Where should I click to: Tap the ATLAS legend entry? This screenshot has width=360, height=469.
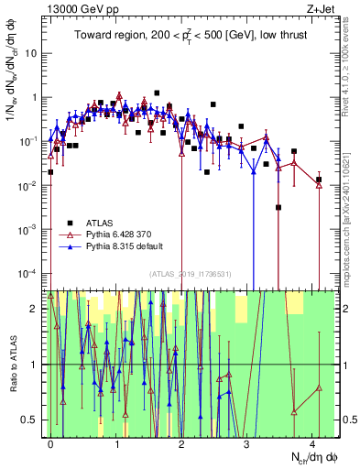[x=100, y=223]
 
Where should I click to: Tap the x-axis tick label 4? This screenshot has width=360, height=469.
[x=312, y=442]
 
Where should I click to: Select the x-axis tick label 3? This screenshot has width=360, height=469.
[x=247, y=442]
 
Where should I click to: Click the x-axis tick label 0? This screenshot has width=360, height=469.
[x=51, y=442]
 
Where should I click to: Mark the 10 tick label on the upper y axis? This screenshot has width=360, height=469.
[x=32, y=52]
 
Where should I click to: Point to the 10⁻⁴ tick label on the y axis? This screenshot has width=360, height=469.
[x=30, y=273]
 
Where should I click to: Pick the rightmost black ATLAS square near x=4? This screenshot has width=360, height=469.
[x=318, y=180]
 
